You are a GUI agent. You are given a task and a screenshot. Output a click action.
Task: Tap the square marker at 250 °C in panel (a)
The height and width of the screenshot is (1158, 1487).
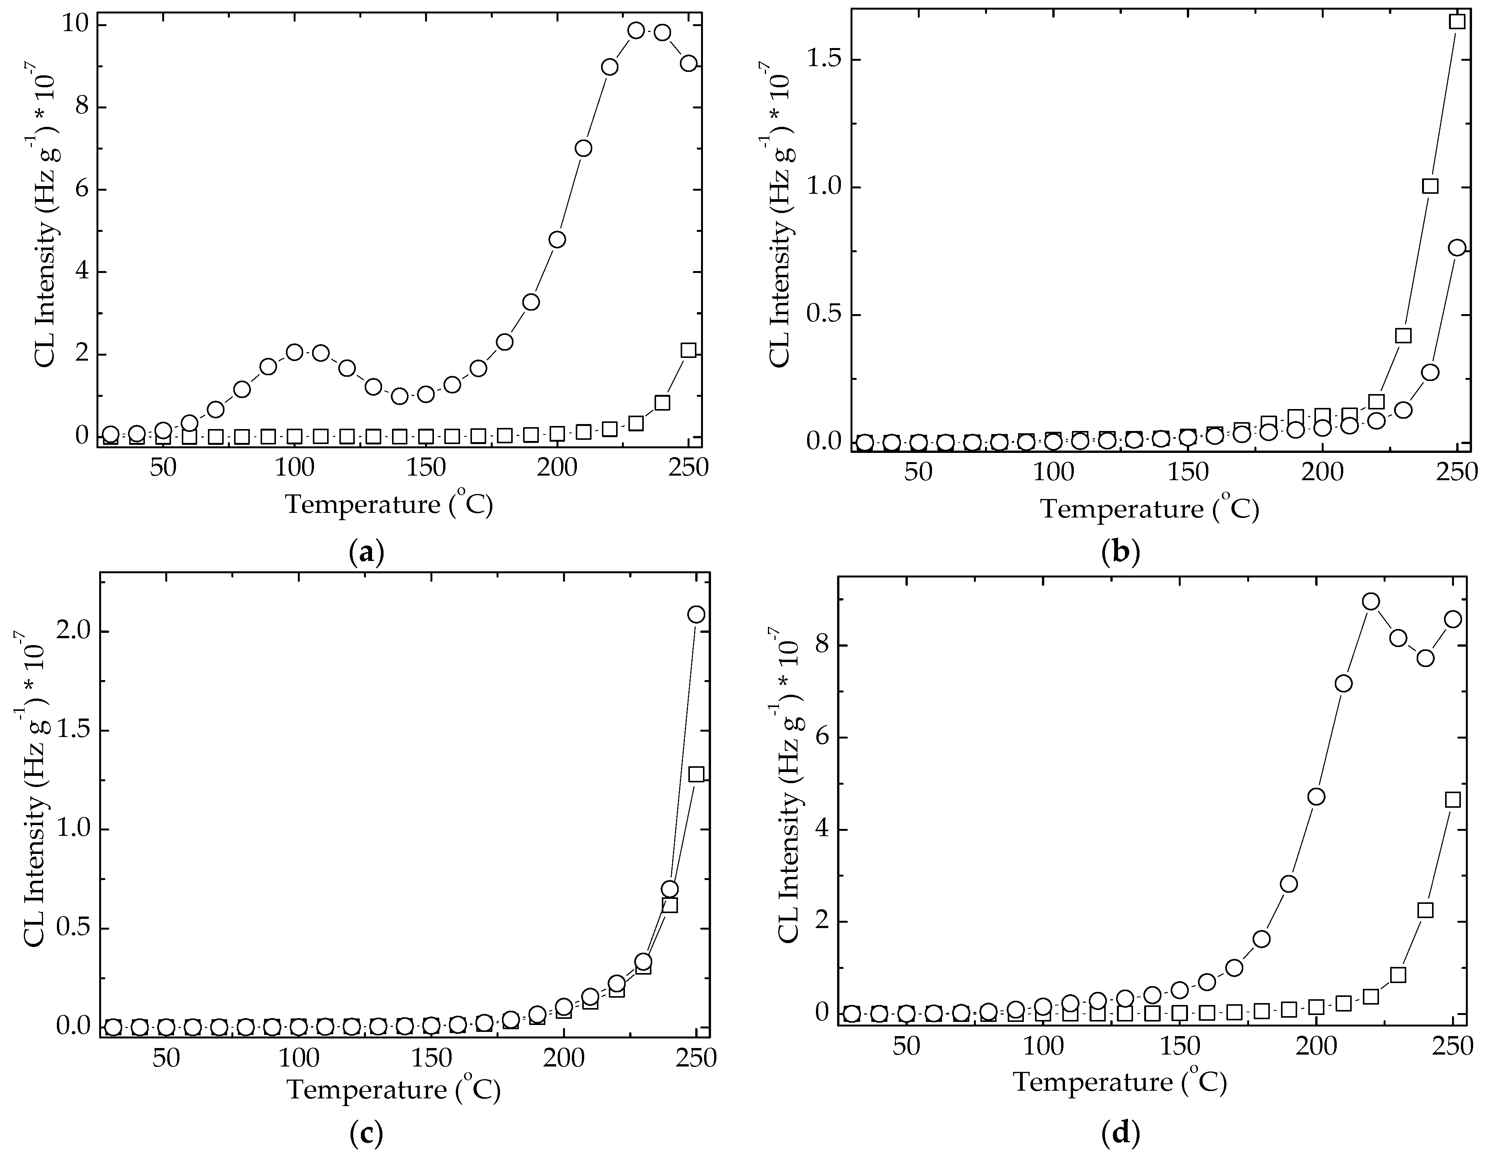click(688, 350)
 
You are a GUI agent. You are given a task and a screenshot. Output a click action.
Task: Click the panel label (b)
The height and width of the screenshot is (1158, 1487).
click(1120, 551)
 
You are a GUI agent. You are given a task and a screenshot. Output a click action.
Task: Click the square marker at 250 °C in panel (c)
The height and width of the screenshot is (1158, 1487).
click(696, 774)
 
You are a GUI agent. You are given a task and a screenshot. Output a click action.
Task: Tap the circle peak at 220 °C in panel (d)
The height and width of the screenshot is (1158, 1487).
click(1371, 601)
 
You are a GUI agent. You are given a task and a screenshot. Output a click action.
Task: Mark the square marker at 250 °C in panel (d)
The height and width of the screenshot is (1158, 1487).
click(1453, 800)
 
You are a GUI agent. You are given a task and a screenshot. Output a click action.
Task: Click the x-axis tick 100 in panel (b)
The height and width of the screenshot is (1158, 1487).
click(1053, 473)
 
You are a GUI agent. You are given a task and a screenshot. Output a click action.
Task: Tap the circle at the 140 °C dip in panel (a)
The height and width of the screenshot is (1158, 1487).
click(400, 396)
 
